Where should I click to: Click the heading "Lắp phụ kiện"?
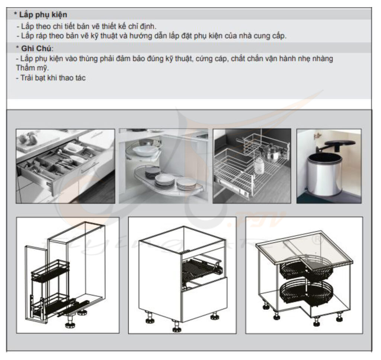point(43,15)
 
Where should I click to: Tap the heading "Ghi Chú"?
point(36,48)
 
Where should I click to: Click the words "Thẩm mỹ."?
point(32,68)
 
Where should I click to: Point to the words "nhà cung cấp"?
point(262,36)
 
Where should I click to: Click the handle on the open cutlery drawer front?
point(90,168)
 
